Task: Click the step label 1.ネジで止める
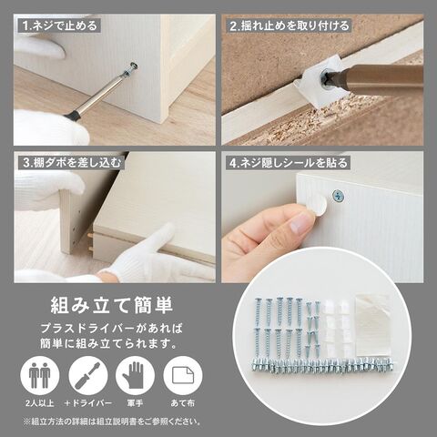coord(60,25)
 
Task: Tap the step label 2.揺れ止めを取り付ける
coord(290,25)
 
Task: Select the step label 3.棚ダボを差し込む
coord(72,163)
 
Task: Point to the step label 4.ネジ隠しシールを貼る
coord(289,163)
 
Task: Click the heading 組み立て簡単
coord(112,305)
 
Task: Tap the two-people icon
coord(40,376)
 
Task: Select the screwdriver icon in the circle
coord(87,376)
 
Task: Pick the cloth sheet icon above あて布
coord(183,375)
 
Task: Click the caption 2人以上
coord(40,403)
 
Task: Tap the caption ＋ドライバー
coord(88,403)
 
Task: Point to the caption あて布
coord(183,403)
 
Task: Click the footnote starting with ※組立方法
coord(112,422)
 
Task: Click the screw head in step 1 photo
coord(133,66)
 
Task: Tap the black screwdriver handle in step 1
coord(71,115)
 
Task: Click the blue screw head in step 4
coord(338,196)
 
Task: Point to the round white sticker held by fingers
coord(317,206)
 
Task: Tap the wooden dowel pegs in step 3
coord(90,242)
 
